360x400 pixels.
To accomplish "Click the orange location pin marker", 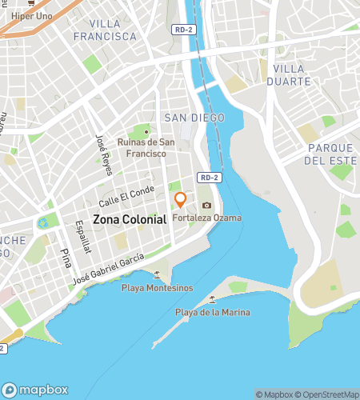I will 181,199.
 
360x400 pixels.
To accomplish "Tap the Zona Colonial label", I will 130,218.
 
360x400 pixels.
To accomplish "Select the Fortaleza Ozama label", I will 206,218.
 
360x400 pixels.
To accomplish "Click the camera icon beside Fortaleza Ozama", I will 206,206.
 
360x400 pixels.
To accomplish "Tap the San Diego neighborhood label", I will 194,118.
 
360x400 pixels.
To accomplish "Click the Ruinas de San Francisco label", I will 146,147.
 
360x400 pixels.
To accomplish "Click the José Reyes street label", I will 102,150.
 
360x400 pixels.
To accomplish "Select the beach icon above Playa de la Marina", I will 212,300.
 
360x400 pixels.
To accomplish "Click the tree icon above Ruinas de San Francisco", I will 146,130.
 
